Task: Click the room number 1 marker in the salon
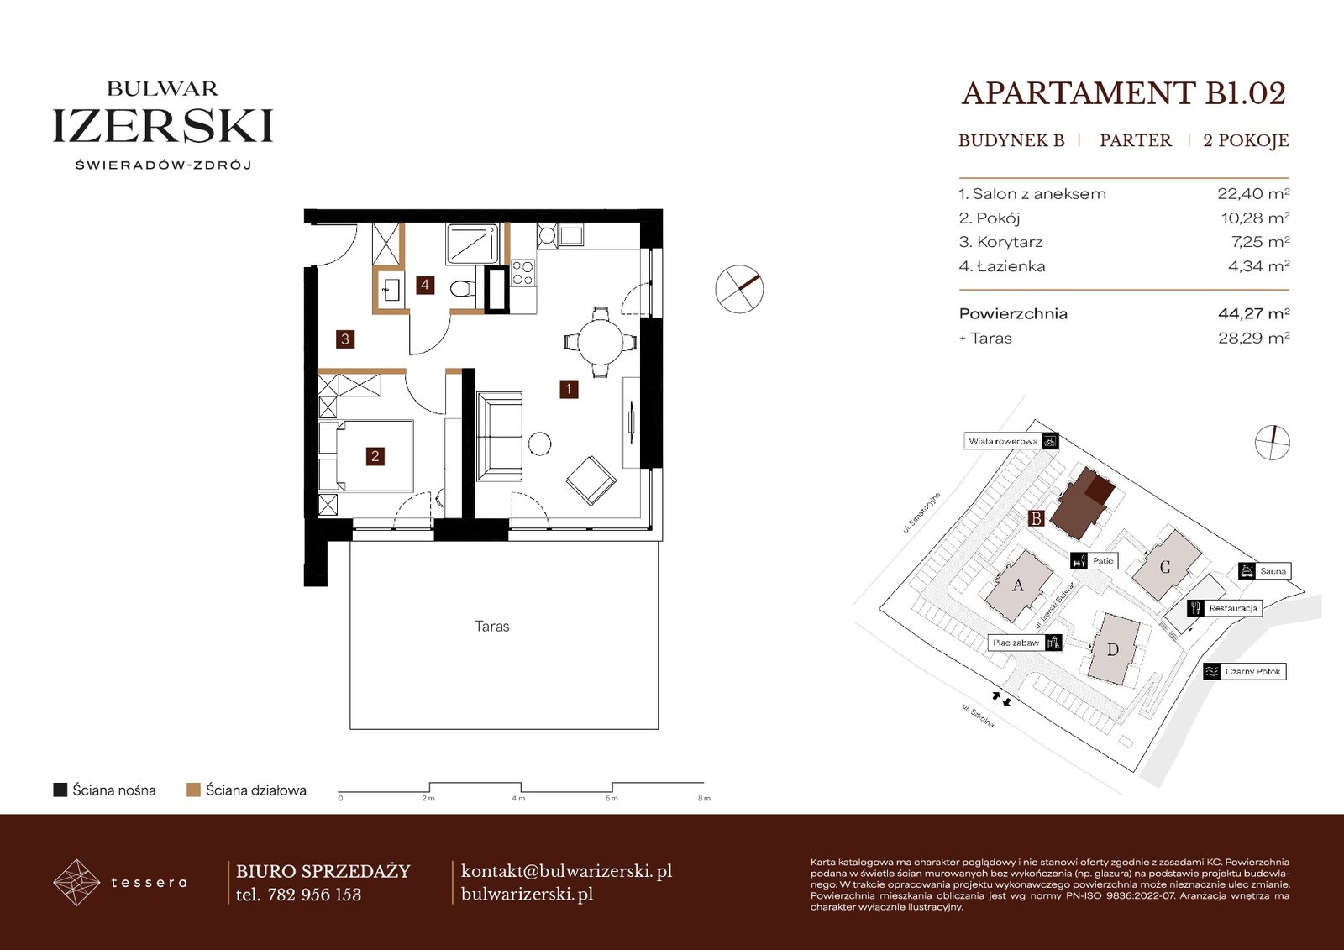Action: (568, 389)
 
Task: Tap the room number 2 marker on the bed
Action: (375, 456)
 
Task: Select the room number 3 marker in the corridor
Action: (345, 339)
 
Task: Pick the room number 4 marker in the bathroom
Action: (425, 285)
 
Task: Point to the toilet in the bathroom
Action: (462, 289)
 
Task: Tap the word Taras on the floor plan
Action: (492, 627)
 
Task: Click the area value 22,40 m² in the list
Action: (1253, 193)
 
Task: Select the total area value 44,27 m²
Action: (1253, 313)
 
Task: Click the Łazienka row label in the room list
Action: (1002, 266)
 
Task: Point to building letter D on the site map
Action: (1112, 649)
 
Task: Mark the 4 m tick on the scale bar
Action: (520, 787)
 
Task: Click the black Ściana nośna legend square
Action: (60, 790)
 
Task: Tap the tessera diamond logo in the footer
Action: (76, 882)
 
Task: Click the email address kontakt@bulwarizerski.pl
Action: (566, 871)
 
